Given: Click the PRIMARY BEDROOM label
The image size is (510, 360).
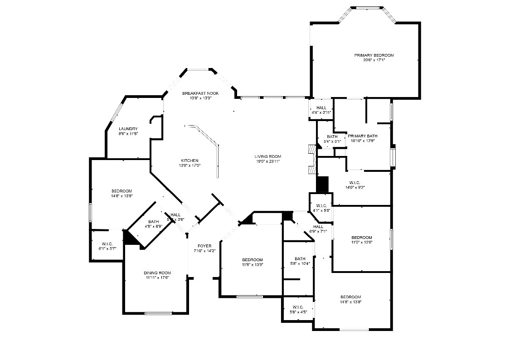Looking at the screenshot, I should (374, 55).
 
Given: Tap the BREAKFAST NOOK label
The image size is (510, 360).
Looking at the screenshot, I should (200, 93).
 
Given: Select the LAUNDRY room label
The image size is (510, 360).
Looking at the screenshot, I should (128, 129).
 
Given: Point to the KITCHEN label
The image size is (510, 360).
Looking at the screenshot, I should (189, 161).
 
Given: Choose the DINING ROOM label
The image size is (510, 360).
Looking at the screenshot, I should (157, 272).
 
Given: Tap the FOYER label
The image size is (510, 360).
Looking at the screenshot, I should (204, 246).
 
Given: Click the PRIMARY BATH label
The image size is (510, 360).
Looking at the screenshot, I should (362, 136).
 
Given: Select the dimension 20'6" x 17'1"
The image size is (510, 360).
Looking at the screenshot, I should (374, 60).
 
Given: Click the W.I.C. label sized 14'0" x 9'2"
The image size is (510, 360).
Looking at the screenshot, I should (355, 182).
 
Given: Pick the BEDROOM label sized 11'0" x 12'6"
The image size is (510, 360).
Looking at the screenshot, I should (362, 238).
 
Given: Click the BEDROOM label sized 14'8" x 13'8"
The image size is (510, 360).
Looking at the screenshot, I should (350, 297).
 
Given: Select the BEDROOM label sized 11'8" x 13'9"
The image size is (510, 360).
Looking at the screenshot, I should (252, 260).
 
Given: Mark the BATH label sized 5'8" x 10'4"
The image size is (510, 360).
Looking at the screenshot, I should (300, 258).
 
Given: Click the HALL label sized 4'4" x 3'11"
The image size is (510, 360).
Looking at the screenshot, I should (321, 107).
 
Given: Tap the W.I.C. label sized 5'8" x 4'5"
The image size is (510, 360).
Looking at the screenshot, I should (298, 307).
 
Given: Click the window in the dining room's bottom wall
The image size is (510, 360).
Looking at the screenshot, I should (158, 313).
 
